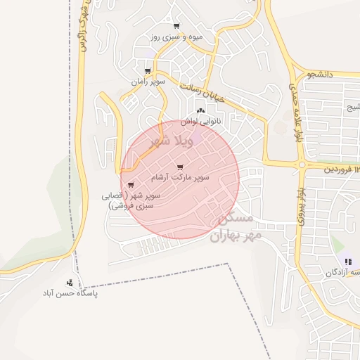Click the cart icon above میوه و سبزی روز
pos(176,26)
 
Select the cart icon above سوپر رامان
pos(147,71)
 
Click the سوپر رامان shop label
pos(147,82)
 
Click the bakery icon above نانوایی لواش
pos(200,110)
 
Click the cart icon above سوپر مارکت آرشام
pos(181,167)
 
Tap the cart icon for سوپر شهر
pos(131,185)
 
